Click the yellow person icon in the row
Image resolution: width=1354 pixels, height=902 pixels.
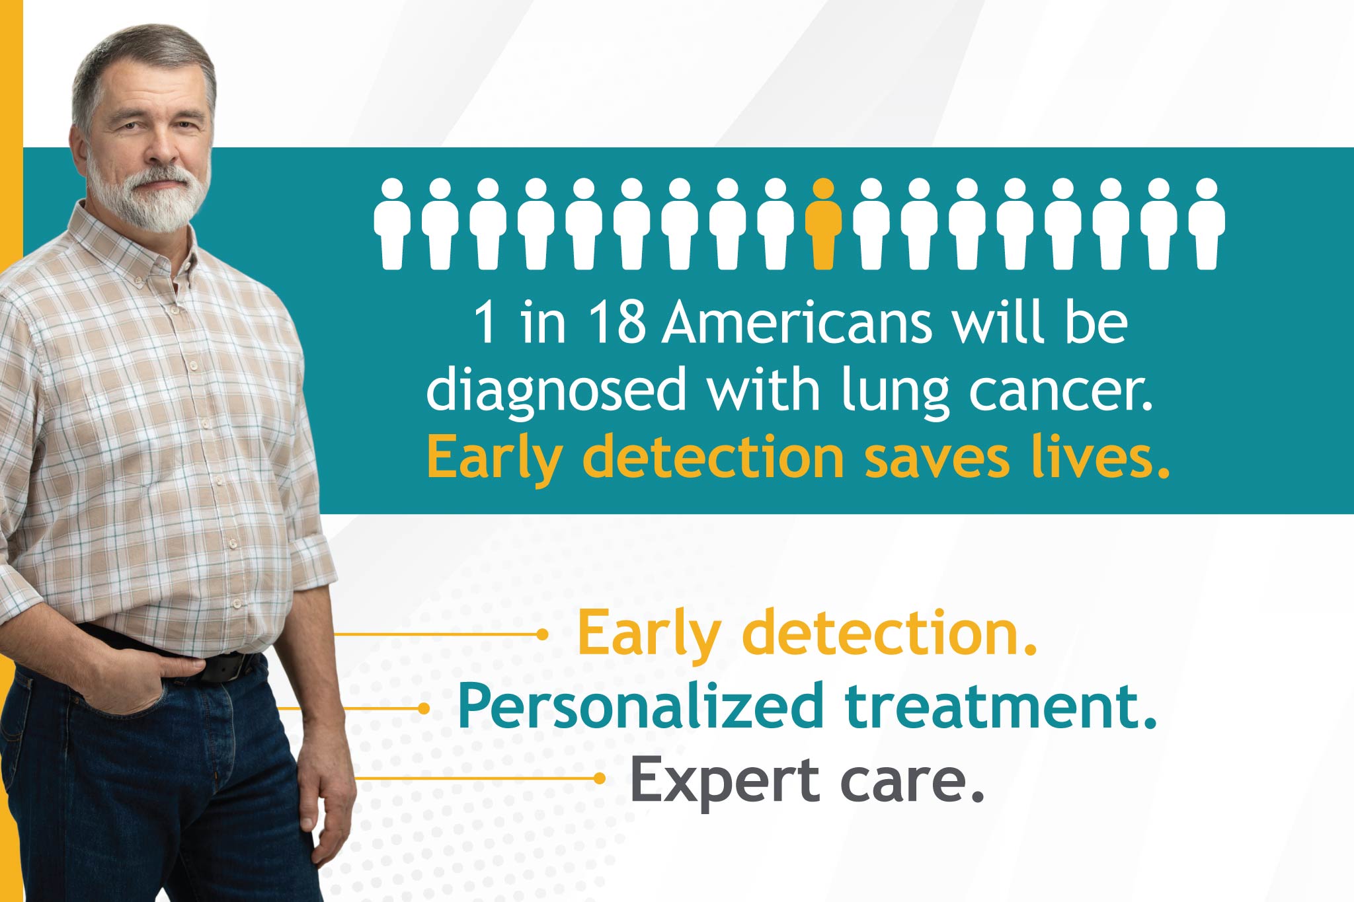click(x=823, y=224)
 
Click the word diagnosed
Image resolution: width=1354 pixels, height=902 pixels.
click(x=556, y=391)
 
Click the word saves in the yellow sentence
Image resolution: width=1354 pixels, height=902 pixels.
click(x=937, y=458)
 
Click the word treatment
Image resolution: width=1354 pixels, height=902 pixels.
click(x=1001, y=707)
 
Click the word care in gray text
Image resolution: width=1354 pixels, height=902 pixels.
click(x=912, y=782)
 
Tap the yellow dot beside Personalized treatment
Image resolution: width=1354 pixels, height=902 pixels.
click(x=424, y=708)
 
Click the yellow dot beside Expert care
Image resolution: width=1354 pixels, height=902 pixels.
click(x=599, y=778)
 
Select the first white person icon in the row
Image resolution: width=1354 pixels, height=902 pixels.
click(x=392, y=224)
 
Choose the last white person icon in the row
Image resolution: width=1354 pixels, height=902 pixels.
click(x=1207, y=224)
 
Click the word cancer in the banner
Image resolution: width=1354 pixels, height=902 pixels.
click(x=1060, y=391)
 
